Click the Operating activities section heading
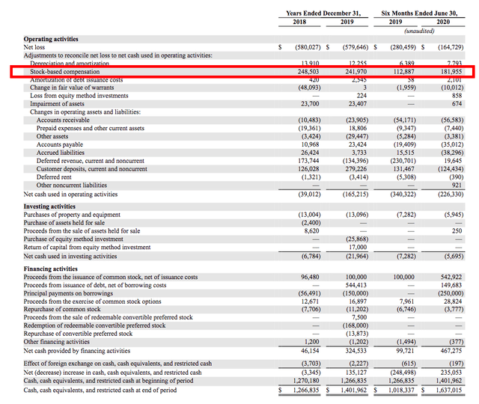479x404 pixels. click(x=50, y=38)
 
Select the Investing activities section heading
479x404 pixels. click(x=49, y=206)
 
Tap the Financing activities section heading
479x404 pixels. click(x=51, y=269)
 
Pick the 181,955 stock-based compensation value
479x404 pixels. click(x=450, y=73)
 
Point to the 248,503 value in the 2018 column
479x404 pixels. click(x=303, y=73)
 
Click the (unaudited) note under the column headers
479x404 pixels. click(x=421, y=31)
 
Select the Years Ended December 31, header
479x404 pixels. click(x=324, y=13)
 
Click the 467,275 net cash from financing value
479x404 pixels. click(x=450, y=350)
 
